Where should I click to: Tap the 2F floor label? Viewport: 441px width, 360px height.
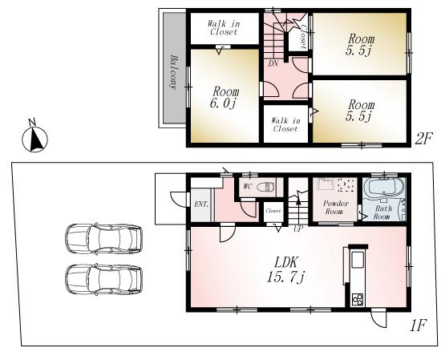423,139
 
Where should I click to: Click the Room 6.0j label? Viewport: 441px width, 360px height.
223,99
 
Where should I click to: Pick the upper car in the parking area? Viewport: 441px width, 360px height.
103,238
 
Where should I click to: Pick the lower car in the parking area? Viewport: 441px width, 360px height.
103,280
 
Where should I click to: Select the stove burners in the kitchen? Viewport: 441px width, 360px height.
357,301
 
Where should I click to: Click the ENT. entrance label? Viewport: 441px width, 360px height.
201,204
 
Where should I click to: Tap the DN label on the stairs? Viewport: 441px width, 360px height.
273,63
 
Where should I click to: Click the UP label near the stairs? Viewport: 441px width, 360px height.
298,229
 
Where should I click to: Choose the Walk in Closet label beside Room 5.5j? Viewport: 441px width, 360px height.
285,124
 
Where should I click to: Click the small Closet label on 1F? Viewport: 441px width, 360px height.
273,211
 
